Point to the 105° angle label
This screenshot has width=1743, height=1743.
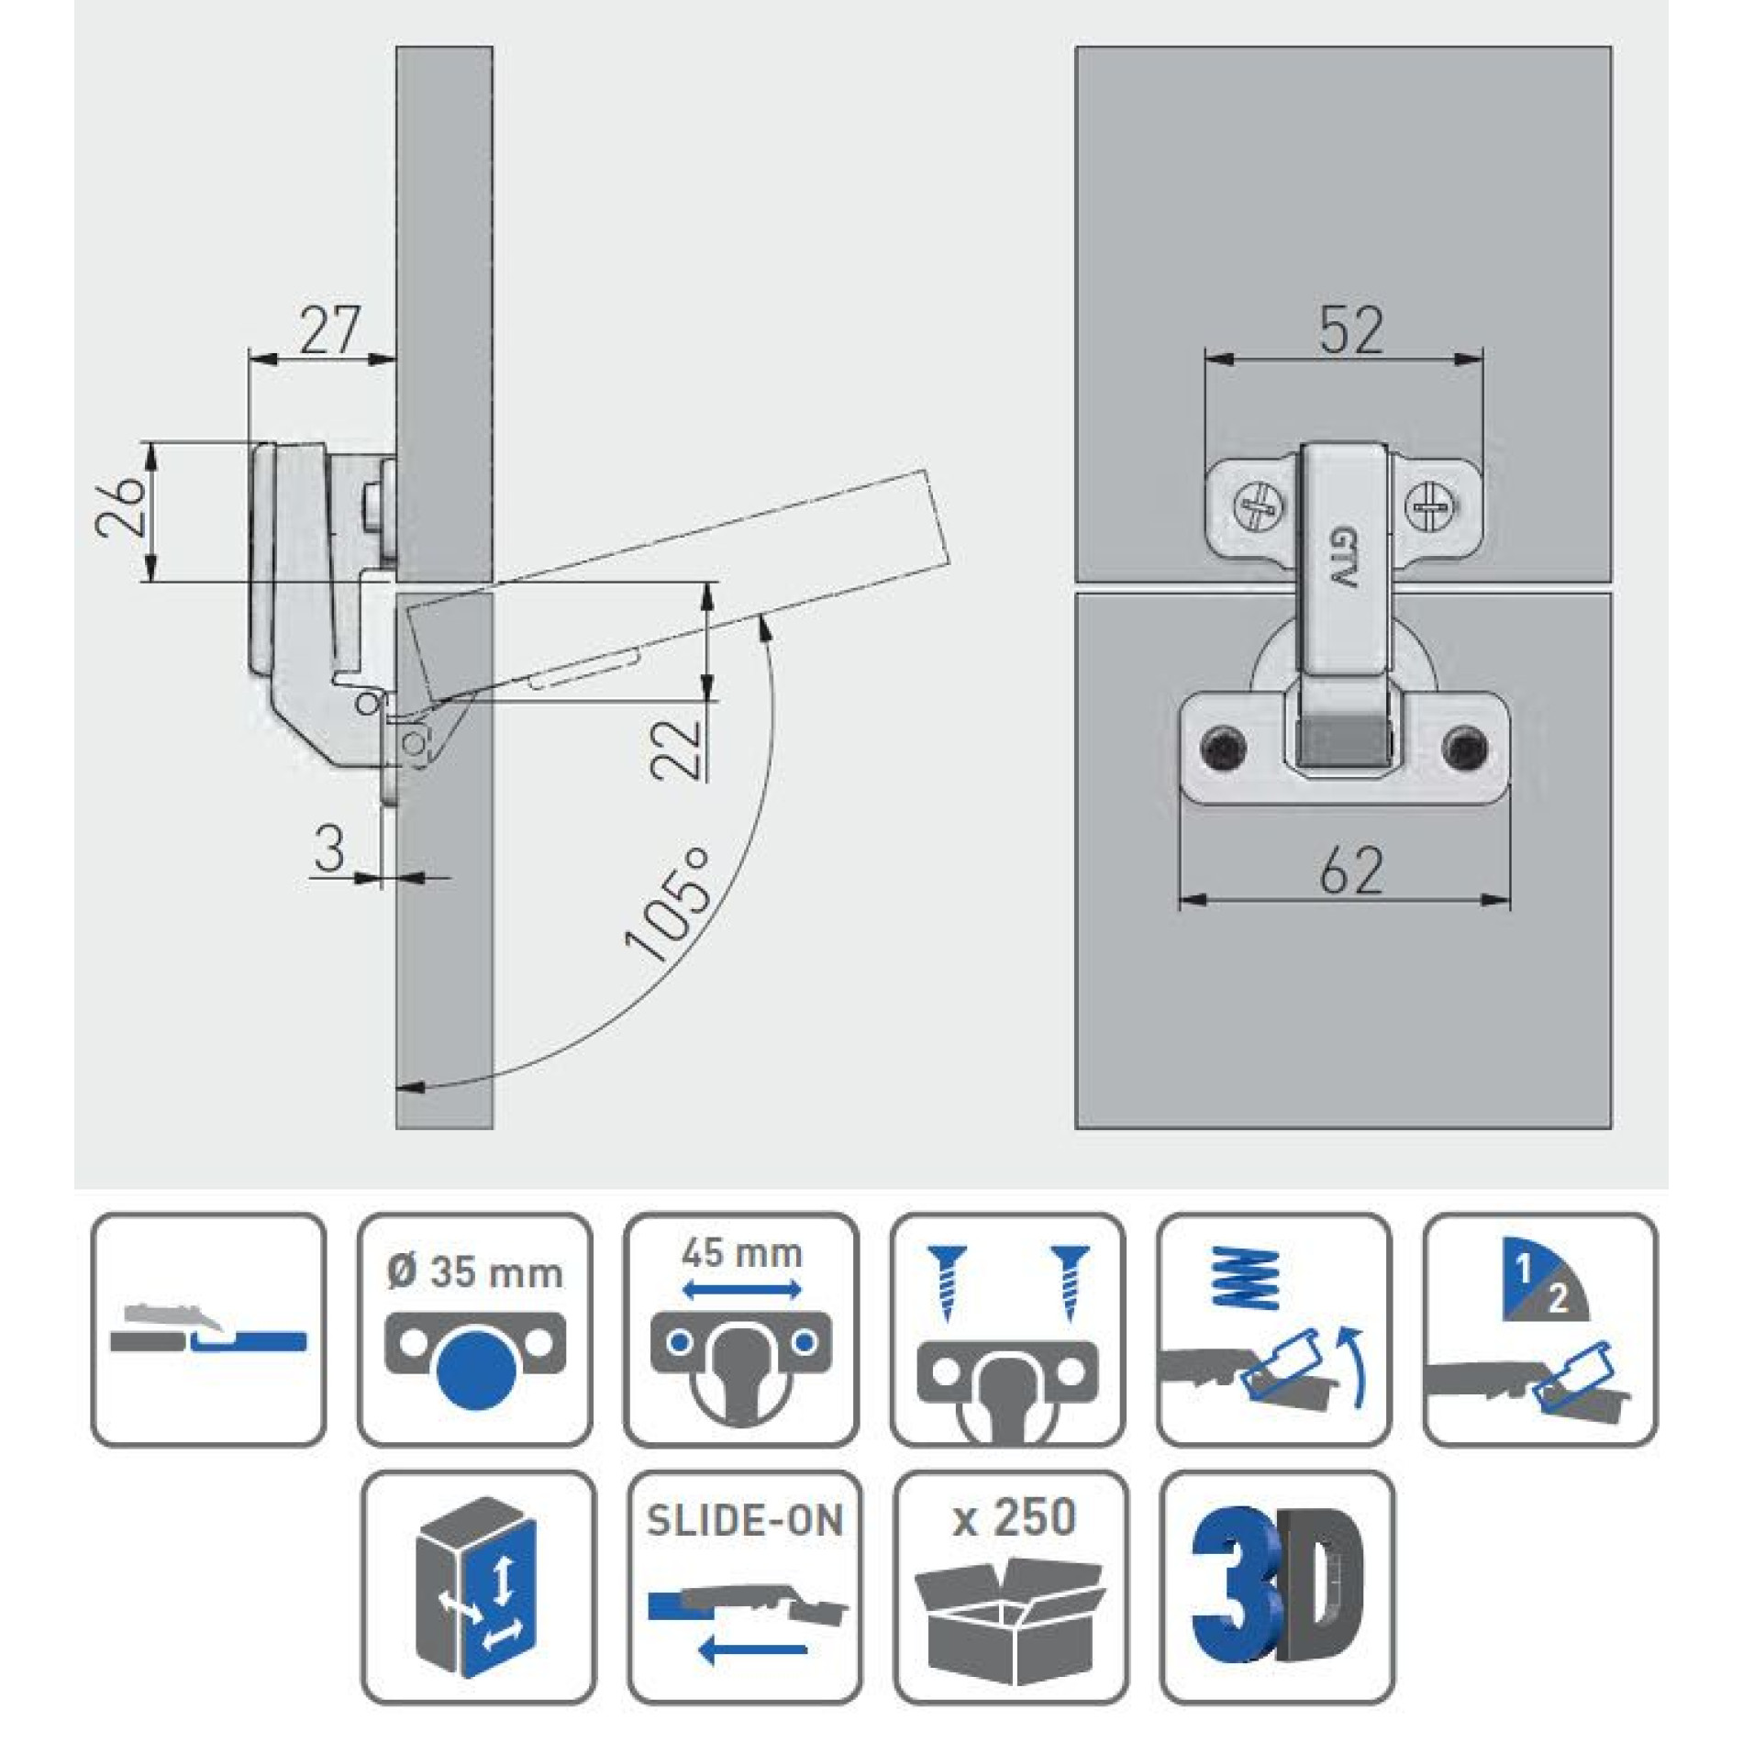pyautogui.click(x=668, y=904)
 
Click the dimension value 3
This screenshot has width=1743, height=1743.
pyautogui.click(x=329, y=849)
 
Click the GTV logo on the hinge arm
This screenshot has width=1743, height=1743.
pyautogui.click(x=1341, y=558)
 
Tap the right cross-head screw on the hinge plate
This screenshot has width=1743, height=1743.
pyautogui.click(x=1429, y=505)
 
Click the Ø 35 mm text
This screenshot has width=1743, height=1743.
pyautogui.click(x=474, y=1272)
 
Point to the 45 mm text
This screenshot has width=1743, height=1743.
pyautogui.click(x=741, y=1253)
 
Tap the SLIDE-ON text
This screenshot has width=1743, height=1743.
pyautogui.click(x=744, y=1521)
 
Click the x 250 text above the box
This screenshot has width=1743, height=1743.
pyautogui.click(x=1014, y=1517)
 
